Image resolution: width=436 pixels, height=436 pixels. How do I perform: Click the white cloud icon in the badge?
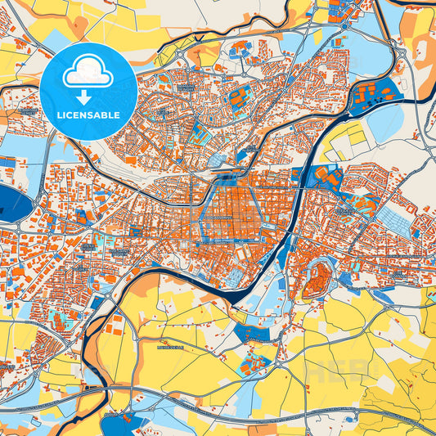pos(88,73)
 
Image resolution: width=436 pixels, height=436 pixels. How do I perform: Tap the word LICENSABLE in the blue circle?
pos(88,115)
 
